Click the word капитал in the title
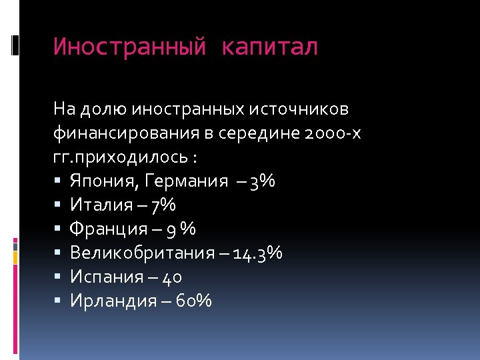coord(270,47)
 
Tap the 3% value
coord(261,181)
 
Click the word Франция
coord(109,229)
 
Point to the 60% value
coord(195,301)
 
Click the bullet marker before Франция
coord(59,229)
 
